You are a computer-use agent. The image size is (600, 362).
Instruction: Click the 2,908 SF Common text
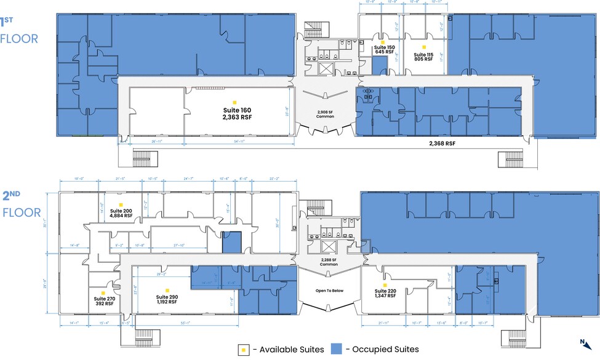tap(326, 113)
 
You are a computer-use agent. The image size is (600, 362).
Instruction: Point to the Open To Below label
tap(329, 291)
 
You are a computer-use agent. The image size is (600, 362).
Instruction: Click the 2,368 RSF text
tap(442, 143)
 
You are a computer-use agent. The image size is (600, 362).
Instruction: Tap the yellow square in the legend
tap(243, 349)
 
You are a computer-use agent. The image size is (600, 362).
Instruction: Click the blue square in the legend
tap(337, 349)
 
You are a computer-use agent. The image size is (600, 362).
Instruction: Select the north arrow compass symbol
tap(583, 342)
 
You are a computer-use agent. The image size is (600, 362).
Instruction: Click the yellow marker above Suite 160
tap(233, 102)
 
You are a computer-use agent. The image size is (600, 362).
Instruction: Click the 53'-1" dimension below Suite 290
tap(182, 323)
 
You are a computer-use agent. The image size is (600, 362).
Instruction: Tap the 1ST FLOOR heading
tap(19, 31)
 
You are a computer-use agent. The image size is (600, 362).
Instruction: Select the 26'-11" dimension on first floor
tap(156, 142)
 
